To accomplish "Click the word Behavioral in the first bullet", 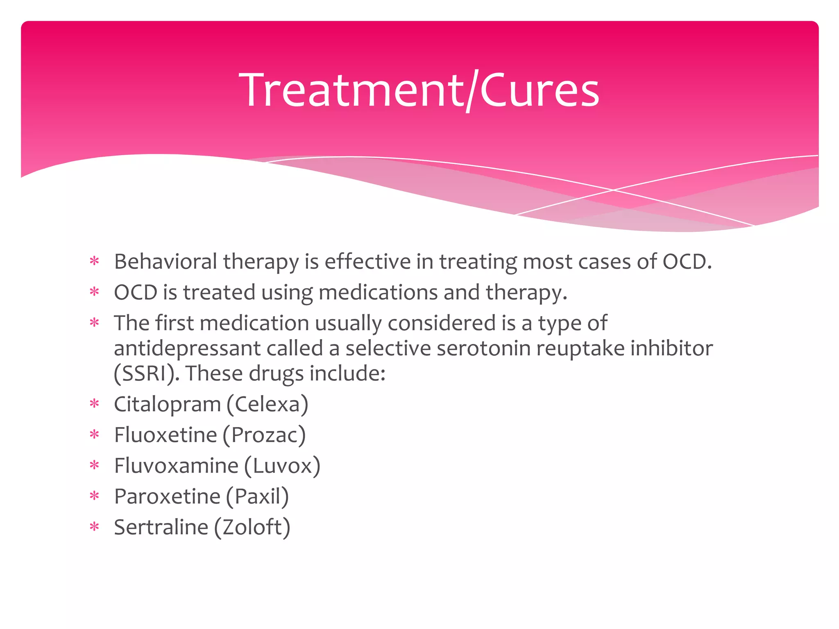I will click(166, 262).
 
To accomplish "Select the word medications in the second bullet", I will click(378, 293).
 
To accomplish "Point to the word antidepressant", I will click(187, 349).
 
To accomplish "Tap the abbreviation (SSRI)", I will click(146, 374).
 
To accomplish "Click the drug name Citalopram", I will click(167, 405).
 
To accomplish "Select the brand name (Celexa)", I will click(267, 405).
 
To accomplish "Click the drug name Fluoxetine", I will click(165, 435).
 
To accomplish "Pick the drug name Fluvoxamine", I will click(176, 466).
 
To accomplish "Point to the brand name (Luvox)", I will click(282, 466).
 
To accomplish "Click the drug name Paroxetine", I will click(167, 497).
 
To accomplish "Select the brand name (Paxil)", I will click(257, 497).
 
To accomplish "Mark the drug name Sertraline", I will click(161, 527).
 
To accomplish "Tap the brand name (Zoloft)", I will click(252, 527).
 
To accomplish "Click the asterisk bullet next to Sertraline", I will click(95, 527).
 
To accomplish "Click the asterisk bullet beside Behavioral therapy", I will click(95, 261).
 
